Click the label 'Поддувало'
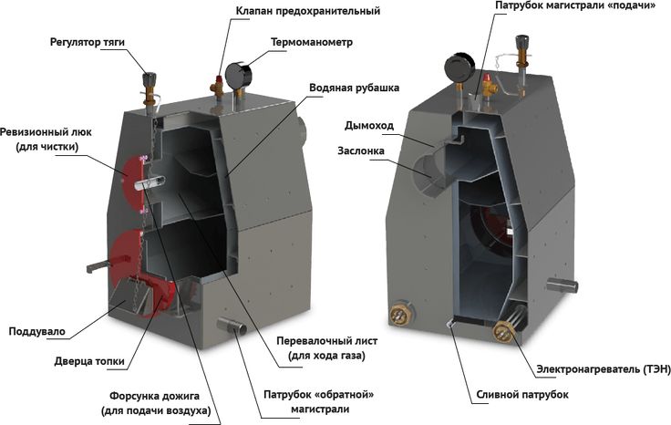36,330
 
